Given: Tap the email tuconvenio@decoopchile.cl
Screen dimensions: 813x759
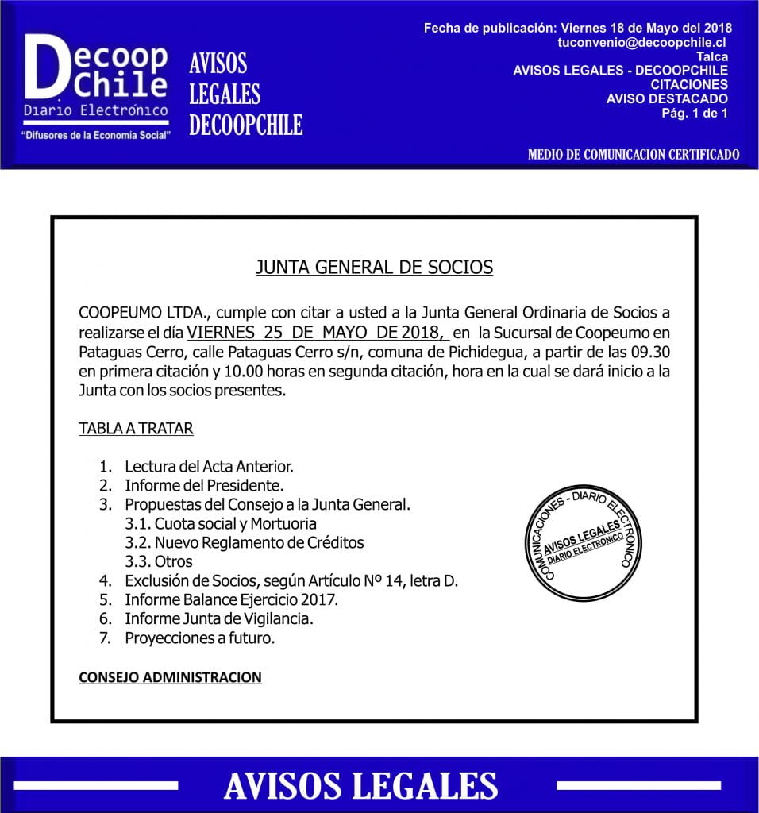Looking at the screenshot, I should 643,42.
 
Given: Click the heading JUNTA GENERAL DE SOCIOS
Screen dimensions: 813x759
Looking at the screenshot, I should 374,267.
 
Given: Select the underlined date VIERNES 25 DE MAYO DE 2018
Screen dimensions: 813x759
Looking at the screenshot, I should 318,332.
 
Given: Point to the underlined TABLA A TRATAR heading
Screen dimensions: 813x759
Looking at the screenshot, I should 136,429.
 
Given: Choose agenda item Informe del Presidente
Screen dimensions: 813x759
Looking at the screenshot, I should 204,485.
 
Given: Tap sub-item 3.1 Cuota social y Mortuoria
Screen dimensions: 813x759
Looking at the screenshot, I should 221,523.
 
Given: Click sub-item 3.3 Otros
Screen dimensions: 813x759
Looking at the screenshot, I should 158,561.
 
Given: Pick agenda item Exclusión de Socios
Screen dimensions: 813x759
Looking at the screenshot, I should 291,580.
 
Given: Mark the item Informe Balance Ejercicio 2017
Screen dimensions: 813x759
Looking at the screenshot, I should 231,599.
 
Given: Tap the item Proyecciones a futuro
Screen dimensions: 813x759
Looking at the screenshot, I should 199,638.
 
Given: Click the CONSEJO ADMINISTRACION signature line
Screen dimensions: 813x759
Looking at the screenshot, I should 170,677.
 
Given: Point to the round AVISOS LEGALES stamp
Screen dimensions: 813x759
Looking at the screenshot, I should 582,544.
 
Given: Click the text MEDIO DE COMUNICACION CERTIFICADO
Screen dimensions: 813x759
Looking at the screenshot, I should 634,155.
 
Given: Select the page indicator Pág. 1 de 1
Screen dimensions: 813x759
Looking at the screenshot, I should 695,113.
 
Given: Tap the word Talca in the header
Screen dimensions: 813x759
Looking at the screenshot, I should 712,56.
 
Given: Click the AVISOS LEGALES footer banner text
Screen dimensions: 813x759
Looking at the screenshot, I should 361,785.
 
